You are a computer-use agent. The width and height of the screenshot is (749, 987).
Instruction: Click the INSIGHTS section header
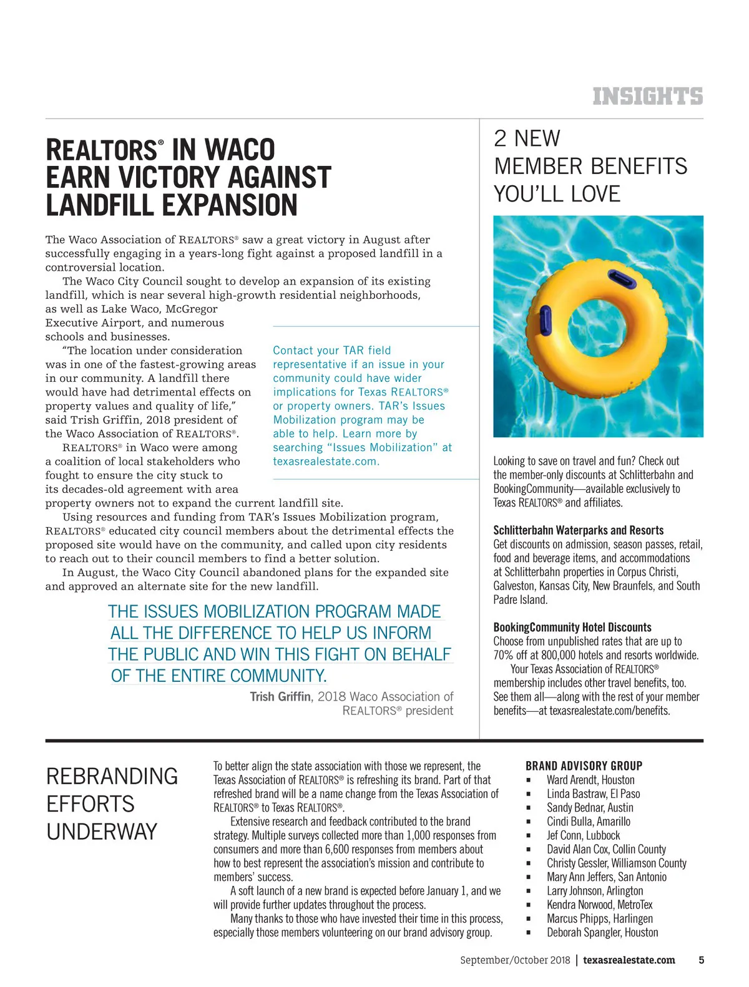pyautogui.click(x=647, y=97)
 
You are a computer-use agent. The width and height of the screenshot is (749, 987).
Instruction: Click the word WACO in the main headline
pyautogui.click(x=240, y=150)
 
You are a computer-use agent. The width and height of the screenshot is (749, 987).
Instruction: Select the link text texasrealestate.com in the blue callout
pyautogui.click(x=325, y=462)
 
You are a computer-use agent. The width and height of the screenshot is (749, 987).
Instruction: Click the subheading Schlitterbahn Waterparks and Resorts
pyautogui.click(x=578, y=530)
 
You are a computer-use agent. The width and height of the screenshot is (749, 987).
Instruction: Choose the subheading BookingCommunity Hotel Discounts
pyautogui.click(x=572, y=628)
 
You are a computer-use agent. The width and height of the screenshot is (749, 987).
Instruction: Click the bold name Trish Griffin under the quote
pyautogui.click(x=280, y=697)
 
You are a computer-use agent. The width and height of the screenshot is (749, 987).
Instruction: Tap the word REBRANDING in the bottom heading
pyautogui.click(x=112, y=777)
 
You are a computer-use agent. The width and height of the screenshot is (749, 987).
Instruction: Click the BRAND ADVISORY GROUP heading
pyautogui.click(x=584, y=766)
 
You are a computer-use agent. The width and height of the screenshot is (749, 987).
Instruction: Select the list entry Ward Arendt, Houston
pyautogui.click(x=590, y=780)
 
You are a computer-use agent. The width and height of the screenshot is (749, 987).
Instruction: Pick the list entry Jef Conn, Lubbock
pyautogui.click(x=583, y=835)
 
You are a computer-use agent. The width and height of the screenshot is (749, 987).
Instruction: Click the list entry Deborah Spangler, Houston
pyautogui.click(x=602, y=933)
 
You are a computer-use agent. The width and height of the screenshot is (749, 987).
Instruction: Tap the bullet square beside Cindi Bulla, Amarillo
pyautogui.click(x=528, y=822)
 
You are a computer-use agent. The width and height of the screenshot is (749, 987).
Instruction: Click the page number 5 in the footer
pyautogui.click(x=701, y=960)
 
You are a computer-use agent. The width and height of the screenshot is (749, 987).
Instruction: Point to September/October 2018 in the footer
pyautogui.click(x=515, y=961)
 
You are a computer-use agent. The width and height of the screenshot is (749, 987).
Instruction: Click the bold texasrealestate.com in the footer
pyautogui.click(x=629, y=961)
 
